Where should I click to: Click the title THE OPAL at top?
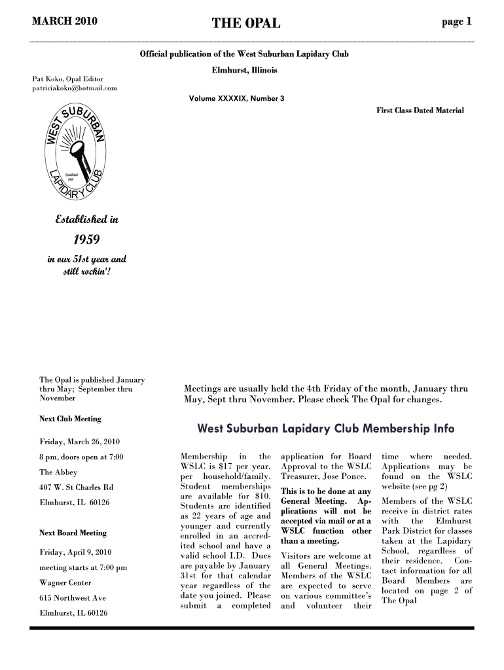(x=245, y=24)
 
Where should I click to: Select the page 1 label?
(x=456, y=22)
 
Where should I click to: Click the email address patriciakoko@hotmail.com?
(x=75, y=88)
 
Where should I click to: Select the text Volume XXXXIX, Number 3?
(x=236, y=99)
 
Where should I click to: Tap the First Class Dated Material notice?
(x=420, y=111)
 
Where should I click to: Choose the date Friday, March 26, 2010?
(x=79, y=441)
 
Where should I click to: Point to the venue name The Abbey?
(x=58, y=472)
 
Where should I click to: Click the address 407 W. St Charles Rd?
(x=77, y=487)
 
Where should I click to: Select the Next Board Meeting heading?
(x=73, y=533)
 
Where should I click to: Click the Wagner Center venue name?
(x=65, y=582)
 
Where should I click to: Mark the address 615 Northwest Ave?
(x=73, y=598)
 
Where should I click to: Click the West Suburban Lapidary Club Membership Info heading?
(x=325, y=429)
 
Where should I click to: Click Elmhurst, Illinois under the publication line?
(x=244, y=70)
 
